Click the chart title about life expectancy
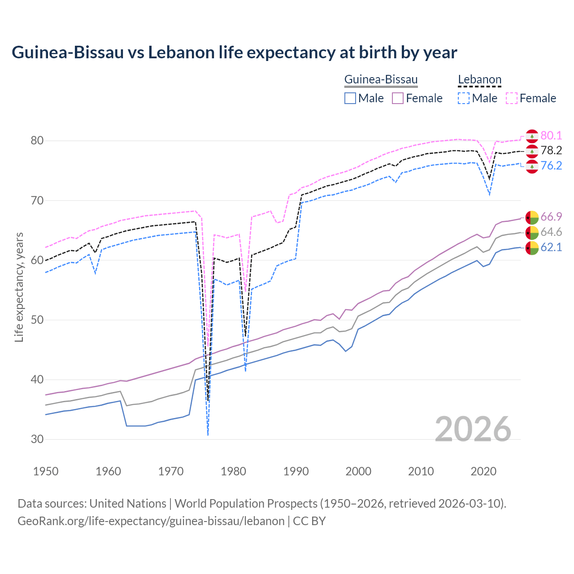234,52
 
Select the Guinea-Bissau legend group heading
381,80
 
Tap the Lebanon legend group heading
479,80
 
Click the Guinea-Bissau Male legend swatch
350,98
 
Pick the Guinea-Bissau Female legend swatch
398,98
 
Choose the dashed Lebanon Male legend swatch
464,98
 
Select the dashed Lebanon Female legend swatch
512,98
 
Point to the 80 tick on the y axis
37,141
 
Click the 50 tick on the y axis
37,320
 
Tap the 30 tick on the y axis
37,439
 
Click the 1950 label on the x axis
46,471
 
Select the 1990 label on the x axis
296,471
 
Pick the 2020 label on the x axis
483,471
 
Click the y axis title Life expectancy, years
19,287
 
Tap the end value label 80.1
551,135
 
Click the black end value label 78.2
551,151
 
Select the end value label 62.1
551,247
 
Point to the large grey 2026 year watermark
473,429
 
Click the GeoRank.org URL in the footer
151,521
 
